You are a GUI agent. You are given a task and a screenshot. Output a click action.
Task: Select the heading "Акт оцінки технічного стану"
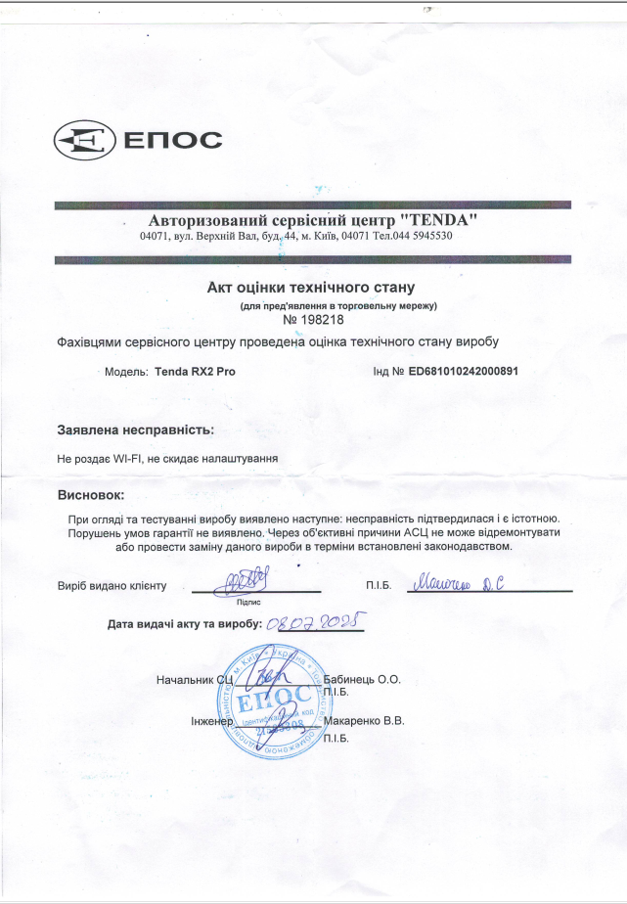pyautogui.click(x=312, y=288)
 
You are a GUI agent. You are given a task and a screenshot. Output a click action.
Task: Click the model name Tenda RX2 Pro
pyautogui.click(x=195, y=372)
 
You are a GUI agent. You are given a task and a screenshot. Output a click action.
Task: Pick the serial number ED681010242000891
pyautogui.click(x=463, y=372)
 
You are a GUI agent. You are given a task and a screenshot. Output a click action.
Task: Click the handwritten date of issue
pyautogui.click(x=315, y=621)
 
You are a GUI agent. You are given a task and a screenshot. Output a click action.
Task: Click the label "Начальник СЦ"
pyautogui.click(x=194, y=679)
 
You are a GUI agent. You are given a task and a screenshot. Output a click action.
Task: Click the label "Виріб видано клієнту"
pyautogui.click(x=112, y=585)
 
